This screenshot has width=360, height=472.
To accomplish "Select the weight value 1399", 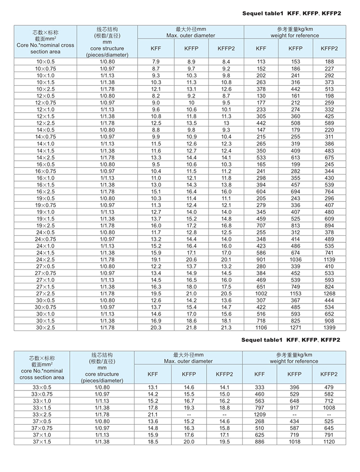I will (329, 327).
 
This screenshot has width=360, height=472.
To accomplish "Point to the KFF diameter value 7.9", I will (156, 61).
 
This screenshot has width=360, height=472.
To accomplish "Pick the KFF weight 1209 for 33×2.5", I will (260, 414).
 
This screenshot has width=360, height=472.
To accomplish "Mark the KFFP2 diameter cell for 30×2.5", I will (226, 327).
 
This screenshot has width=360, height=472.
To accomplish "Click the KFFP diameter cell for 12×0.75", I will (192, 103).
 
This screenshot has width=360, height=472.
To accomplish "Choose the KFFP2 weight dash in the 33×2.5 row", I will (329, 414).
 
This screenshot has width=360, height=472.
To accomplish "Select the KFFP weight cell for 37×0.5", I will (295, 421).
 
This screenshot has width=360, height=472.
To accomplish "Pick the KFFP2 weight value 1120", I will (329, 442).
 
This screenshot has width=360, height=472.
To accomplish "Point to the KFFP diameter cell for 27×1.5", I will (192, 287).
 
